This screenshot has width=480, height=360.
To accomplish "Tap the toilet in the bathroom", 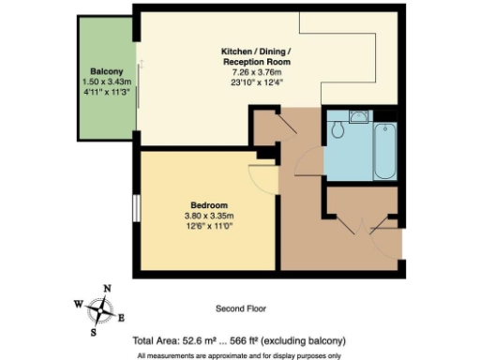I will click(338, 129).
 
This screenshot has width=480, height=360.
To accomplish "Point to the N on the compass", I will click(107, 289).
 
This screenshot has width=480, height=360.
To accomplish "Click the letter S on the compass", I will click(94, 331).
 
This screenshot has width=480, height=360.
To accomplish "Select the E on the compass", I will click(127, 317).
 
